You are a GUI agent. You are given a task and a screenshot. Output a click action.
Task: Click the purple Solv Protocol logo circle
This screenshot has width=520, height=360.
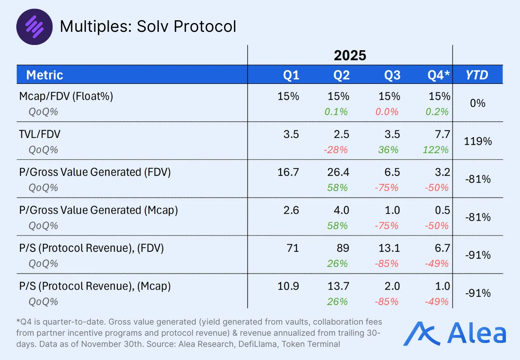(34, 27)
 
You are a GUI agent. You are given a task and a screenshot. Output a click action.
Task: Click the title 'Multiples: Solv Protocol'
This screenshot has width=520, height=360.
(148, 27)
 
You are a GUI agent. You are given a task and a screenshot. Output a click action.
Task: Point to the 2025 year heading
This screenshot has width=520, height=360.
(350, 55)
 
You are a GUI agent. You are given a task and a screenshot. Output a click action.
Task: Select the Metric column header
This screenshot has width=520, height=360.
(45, 75)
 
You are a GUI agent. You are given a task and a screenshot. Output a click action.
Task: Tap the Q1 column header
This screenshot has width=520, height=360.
(291, 75)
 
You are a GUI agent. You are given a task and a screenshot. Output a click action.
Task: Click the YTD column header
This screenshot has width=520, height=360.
(477, 75)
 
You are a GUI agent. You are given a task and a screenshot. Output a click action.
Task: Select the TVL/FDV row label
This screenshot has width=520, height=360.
(40, 134)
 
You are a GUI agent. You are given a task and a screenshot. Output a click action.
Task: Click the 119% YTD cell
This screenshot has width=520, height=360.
(478, 141)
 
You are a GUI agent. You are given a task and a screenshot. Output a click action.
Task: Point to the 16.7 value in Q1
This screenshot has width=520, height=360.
(290, 172)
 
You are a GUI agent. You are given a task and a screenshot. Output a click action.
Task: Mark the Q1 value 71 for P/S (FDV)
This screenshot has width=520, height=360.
(292, 248)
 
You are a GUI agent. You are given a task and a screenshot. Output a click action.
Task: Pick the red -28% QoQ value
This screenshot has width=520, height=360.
(337, 150)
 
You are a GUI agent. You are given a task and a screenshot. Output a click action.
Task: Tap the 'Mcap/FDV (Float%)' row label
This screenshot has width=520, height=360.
(66, 96)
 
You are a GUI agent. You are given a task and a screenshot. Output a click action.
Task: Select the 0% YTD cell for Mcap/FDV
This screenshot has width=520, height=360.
(478, 103)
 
